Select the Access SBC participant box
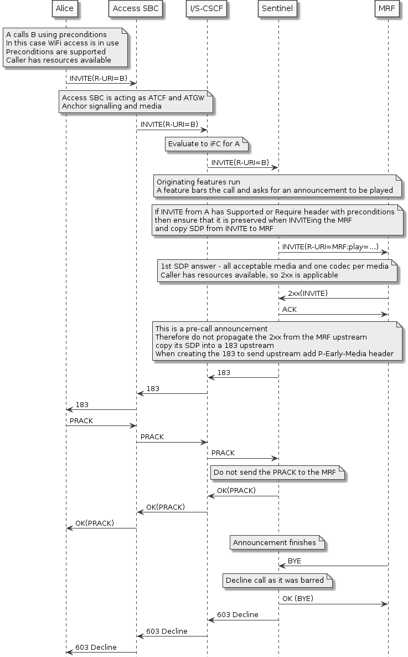136,8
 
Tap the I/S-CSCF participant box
206,8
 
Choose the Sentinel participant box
277,8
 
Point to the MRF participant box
388,8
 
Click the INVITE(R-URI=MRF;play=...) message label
330,247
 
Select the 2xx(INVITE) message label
307,293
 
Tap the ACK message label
290,309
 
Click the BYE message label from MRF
295,561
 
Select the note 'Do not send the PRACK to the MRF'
277,473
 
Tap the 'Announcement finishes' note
277,542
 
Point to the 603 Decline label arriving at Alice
96,647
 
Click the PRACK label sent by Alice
81,420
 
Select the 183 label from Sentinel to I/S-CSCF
224,373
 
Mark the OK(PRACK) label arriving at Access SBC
166,507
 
